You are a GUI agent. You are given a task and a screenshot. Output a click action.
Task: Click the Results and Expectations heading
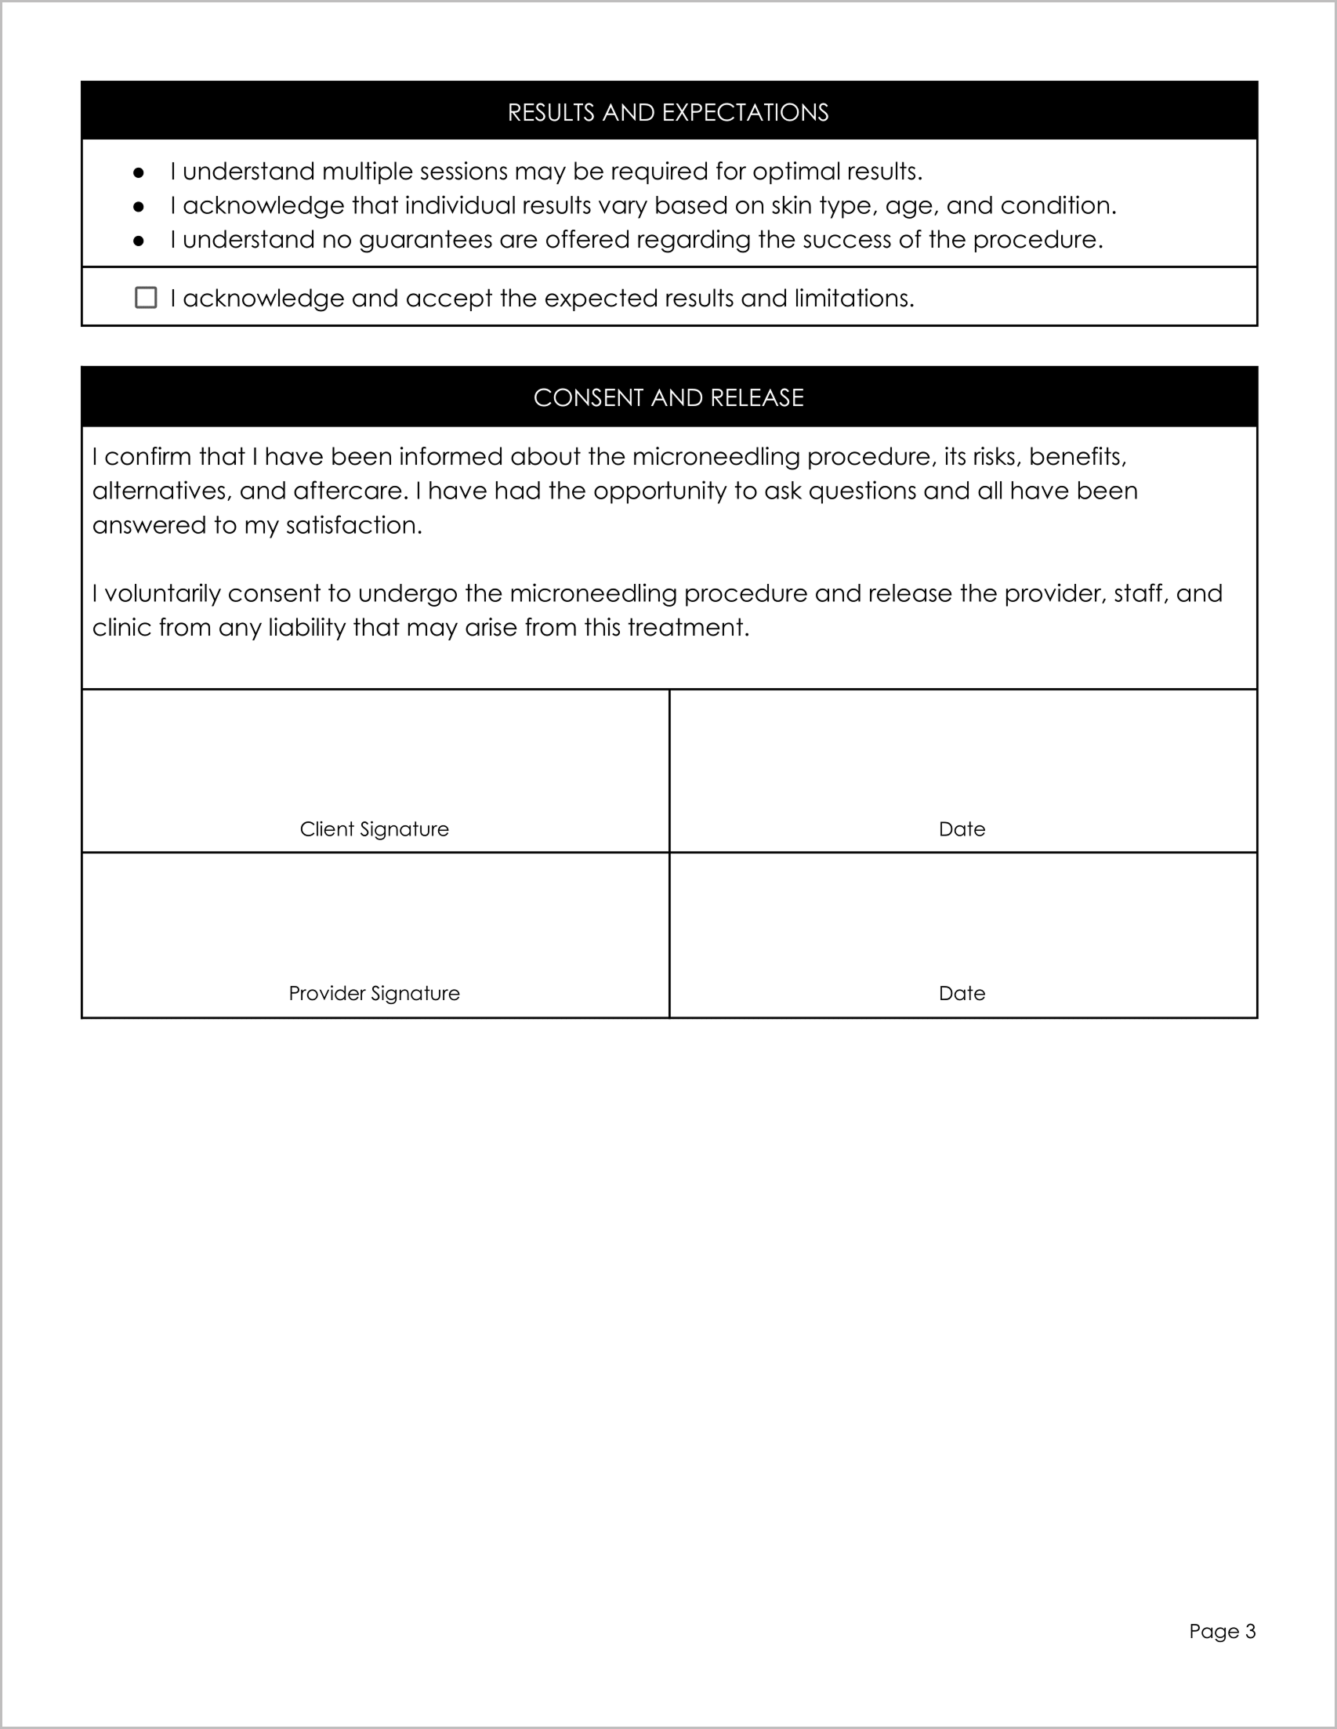(x=667, y=112)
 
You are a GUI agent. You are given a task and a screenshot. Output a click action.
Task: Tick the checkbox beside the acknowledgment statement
(x=146, y=298)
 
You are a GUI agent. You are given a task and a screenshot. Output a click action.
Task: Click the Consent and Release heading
(x=667, y=397)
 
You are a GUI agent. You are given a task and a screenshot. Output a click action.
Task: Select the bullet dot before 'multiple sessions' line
(x=139, y=172)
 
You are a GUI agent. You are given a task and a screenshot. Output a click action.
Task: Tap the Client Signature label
(x=374, y=829)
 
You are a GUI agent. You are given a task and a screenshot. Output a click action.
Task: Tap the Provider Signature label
(x=374, y=993)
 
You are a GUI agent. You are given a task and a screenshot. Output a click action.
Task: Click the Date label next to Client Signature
(x=961, y=829)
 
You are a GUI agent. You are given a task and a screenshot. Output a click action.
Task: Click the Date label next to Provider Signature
(x=961, y=993)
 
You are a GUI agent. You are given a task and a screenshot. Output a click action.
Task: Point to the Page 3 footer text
(x=1222, y=1631)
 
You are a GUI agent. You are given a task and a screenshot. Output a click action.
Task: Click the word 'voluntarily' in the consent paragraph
(x=162, y=593)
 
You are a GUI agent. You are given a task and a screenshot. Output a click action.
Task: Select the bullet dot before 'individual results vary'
(x=139, y=207)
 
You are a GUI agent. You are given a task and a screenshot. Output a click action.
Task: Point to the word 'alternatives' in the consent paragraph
(x=159, y=491)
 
